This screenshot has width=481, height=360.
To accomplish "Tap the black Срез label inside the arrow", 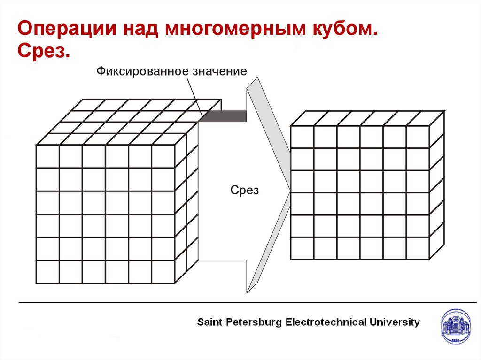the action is point(244,191).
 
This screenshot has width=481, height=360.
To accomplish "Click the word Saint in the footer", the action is point(209,322).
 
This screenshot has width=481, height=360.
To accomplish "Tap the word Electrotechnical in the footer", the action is point(326,322).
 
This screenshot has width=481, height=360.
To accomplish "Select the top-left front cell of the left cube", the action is point(47,156).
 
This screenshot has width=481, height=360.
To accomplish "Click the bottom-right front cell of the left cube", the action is point(163,272).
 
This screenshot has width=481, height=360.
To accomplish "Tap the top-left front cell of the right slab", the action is point(302,137).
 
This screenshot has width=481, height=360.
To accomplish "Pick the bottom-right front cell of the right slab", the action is point(418,248).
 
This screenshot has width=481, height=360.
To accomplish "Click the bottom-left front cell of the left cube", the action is point(47,272).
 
